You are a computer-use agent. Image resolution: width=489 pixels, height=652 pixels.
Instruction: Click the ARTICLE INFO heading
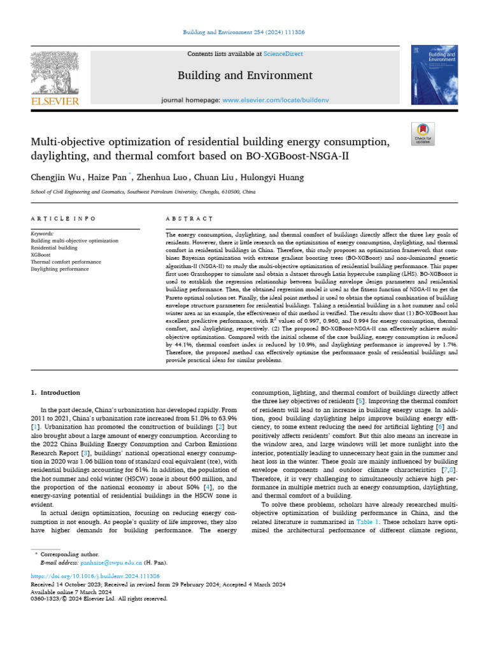(63, 218)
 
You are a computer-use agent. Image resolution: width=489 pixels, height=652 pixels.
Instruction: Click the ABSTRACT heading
(189, 218)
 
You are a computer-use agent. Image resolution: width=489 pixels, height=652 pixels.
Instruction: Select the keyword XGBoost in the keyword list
(41, 255)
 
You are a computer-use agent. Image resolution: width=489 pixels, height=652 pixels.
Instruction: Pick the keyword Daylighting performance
(60, 269)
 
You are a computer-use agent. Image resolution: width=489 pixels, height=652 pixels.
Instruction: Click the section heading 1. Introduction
(56, 393)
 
